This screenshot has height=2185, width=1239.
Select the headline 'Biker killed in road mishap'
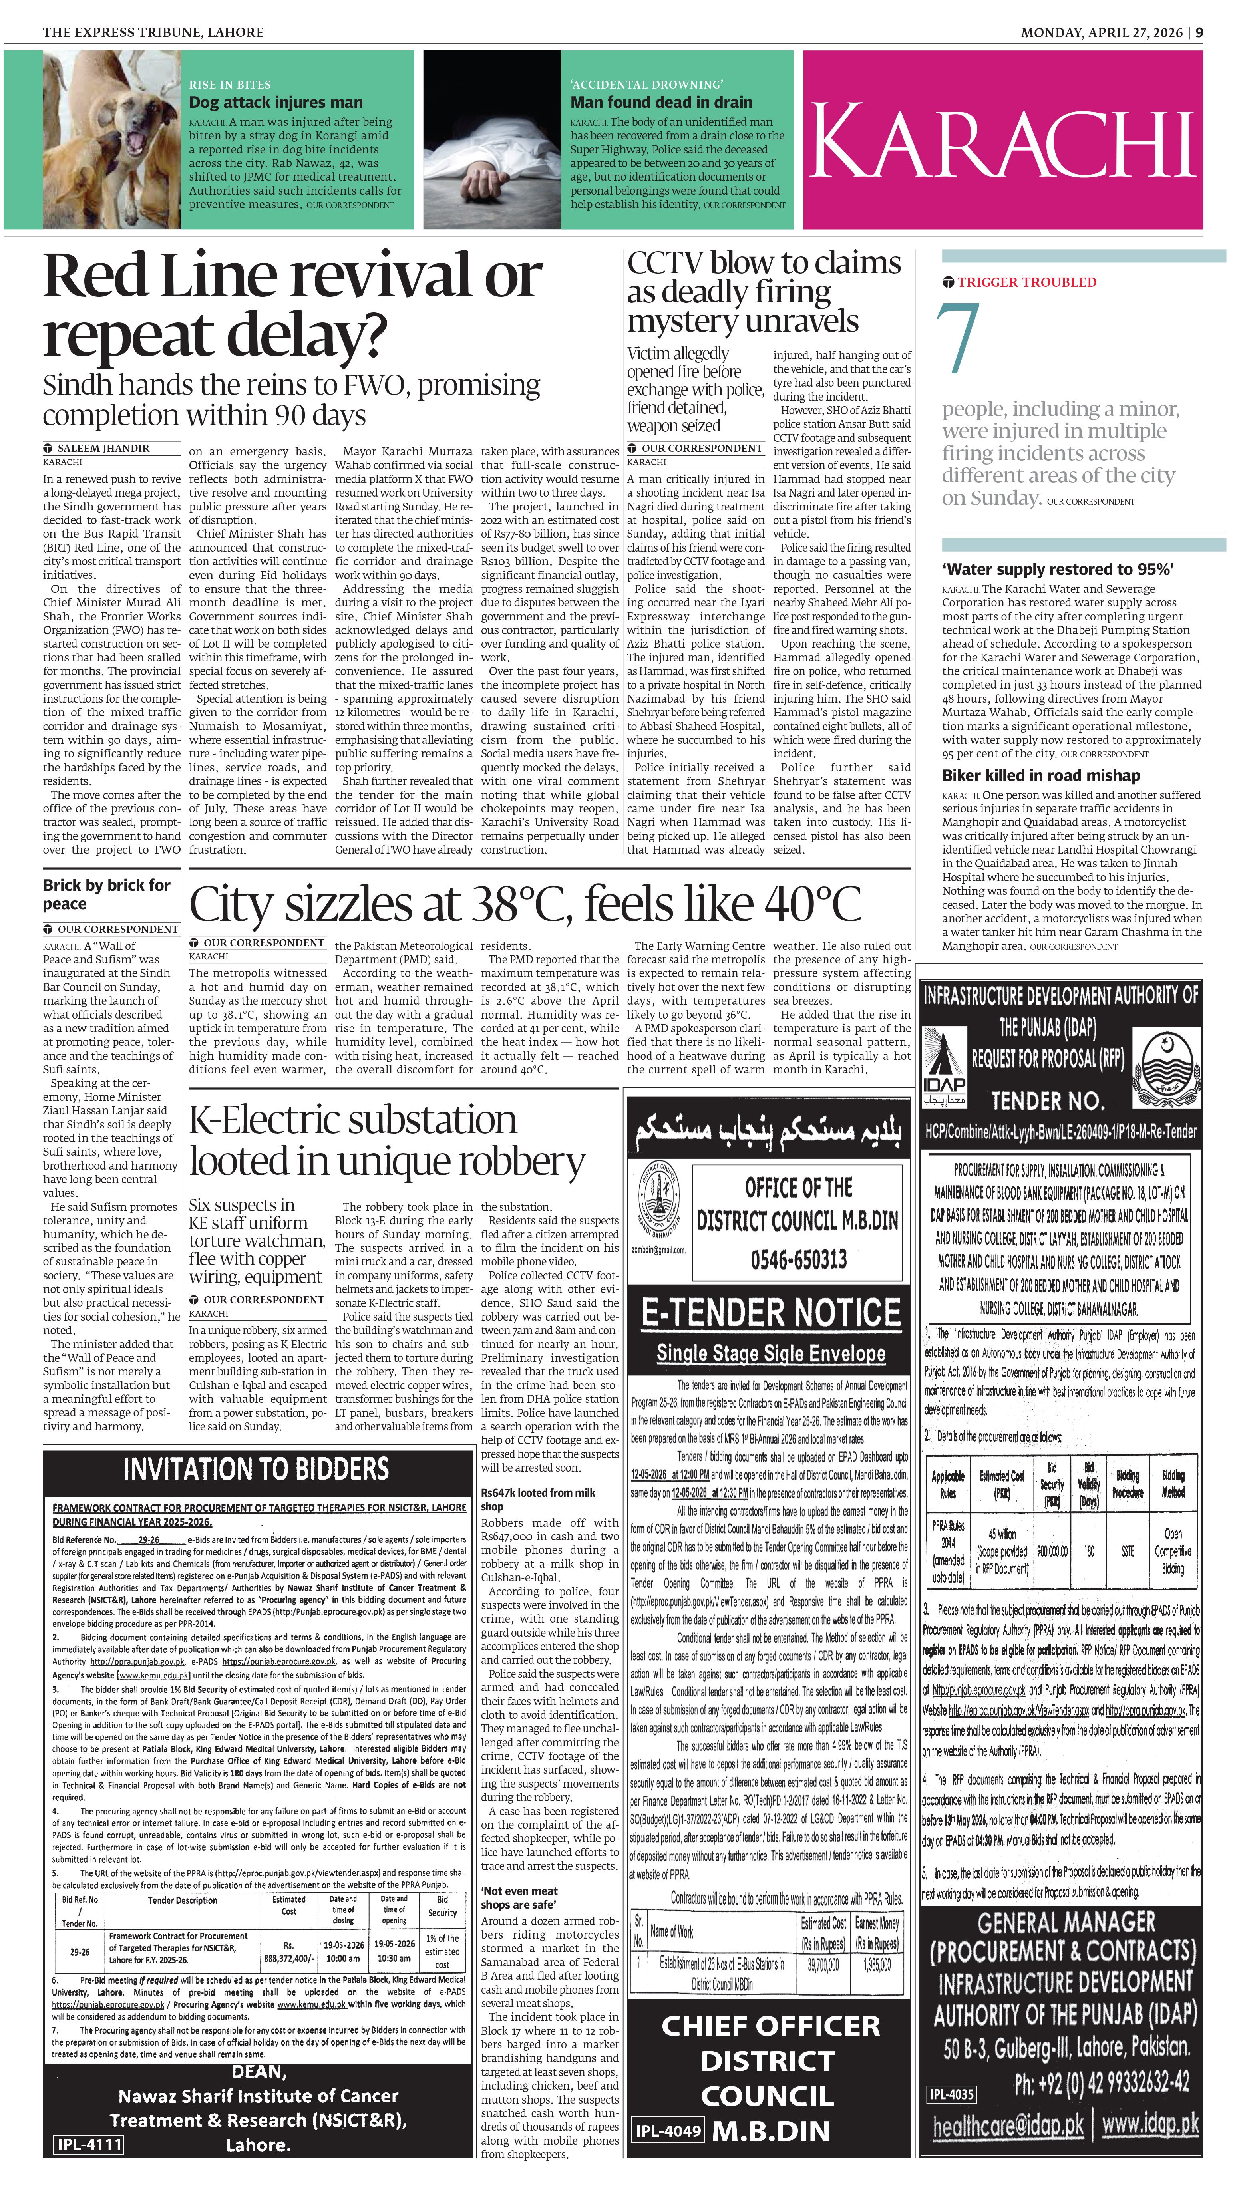click(1040, 775)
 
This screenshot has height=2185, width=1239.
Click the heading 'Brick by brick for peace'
click(106, 894)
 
